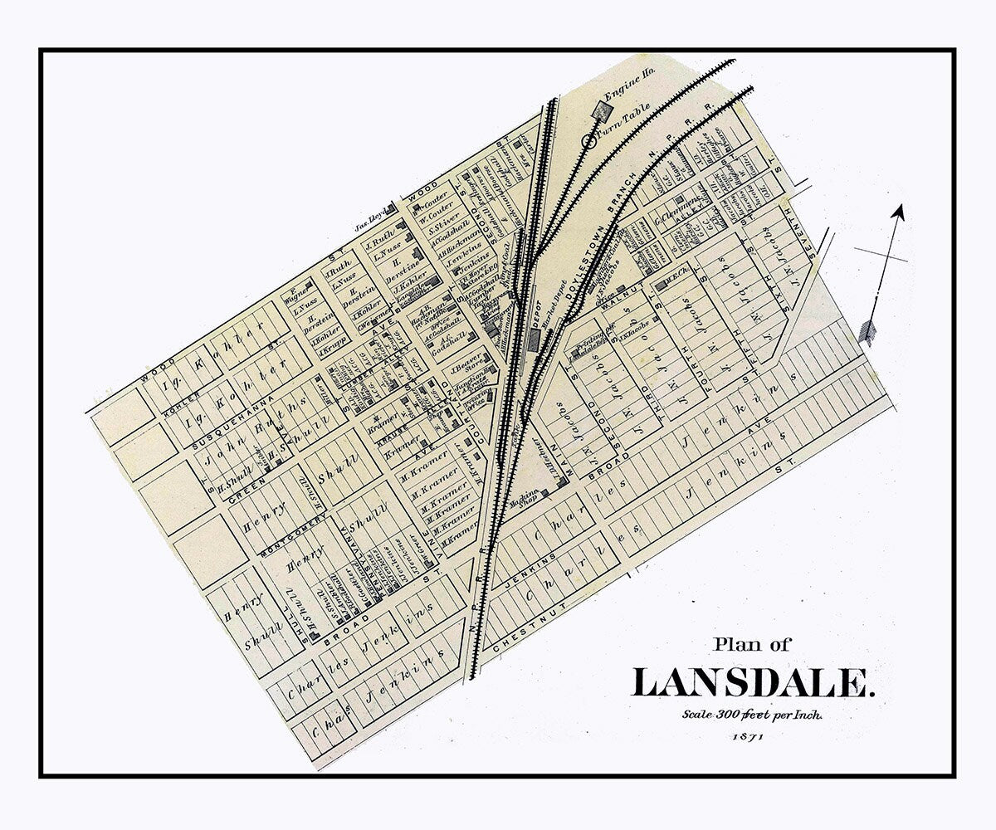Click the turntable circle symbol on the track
590,141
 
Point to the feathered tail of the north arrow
868,330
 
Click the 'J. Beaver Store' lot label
466,365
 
